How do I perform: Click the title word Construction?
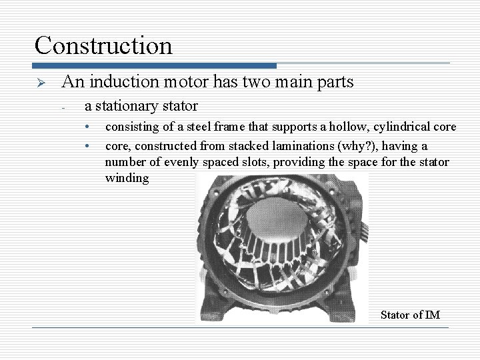click(103, 45)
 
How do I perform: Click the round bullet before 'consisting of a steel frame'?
click(87, 127)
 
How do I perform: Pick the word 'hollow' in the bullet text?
click(342, 127)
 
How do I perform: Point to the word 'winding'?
click(127, 179)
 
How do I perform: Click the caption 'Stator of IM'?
click(410, 315)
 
